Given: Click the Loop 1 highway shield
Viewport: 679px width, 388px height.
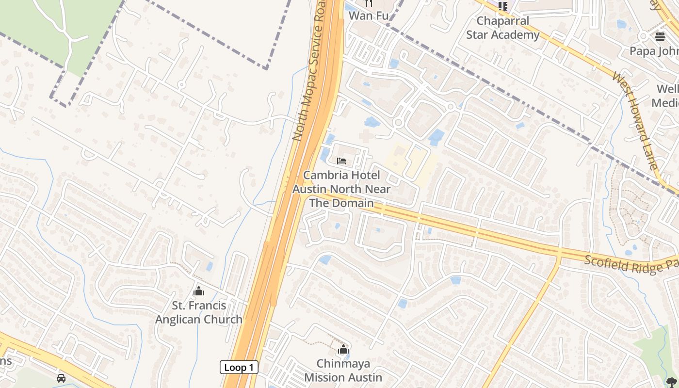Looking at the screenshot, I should (239, 368).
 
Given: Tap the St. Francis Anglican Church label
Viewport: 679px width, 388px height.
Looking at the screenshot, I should (199, 312).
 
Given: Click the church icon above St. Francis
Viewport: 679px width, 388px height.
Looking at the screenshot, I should (198, 291).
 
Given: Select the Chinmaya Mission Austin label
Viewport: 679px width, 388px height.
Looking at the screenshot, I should (343, 370).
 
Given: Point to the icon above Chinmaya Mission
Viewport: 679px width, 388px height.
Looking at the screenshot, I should (343, 349).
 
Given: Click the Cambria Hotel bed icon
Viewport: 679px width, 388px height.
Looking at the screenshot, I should (341, 161).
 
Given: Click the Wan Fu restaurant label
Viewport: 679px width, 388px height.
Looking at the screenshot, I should (369, 16).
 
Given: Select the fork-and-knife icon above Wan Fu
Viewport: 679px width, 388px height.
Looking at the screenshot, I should (369, 3).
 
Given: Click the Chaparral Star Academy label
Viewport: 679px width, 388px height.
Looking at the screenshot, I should (502, 28).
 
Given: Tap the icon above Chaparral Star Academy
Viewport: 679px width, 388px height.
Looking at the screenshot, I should (502, 6).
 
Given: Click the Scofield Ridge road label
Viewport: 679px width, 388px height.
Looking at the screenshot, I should (630, 265).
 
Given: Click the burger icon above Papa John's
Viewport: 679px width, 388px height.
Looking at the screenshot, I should (660, 36).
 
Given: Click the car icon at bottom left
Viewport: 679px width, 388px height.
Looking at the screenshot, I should (61, 378).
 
